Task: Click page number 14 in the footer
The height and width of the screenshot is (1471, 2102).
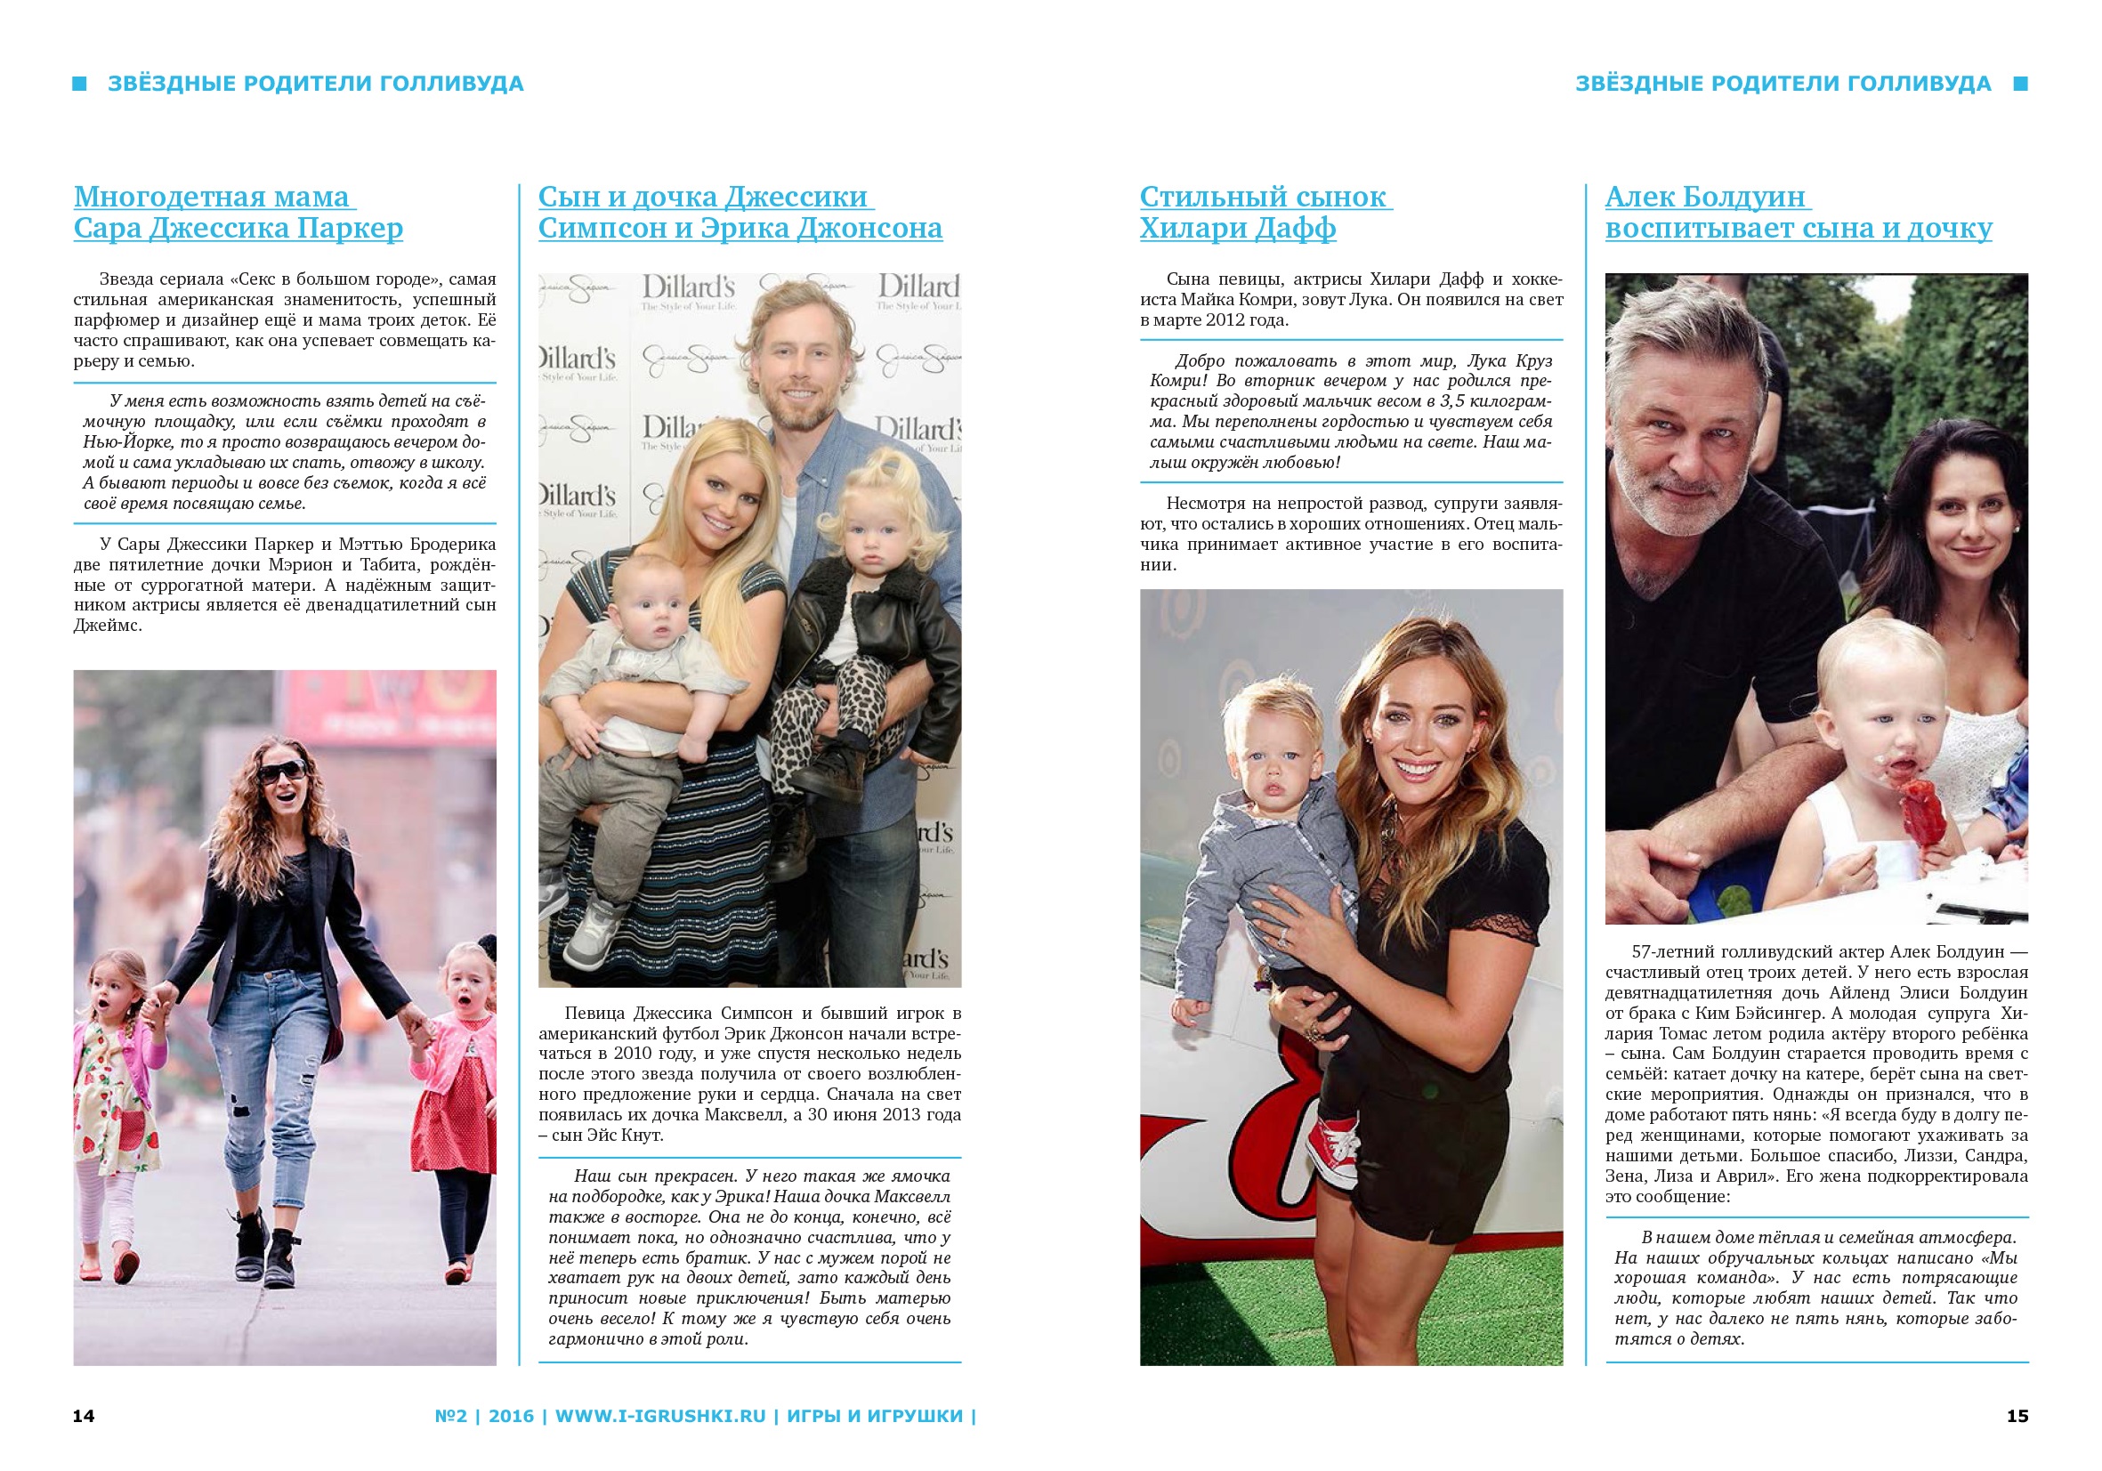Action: coord(84,1416)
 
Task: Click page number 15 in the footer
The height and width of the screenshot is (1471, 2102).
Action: coord(2017,1416)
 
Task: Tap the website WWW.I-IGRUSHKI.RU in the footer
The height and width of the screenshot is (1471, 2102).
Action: coord(660,1416)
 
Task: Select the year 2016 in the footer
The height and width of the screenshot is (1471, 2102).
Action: coord(511,1416)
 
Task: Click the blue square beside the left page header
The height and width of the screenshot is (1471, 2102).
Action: coord(80,85)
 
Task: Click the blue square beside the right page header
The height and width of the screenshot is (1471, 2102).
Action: coord(2020,85)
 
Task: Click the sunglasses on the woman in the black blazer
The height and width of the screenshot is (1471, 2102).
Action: coord(281,772)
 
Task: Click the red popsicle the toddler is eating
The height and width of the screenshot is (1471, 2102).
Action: coord(1920,812)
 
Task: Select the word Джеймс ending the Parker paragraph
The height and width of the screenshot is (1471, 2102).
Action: coord(107,626)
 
